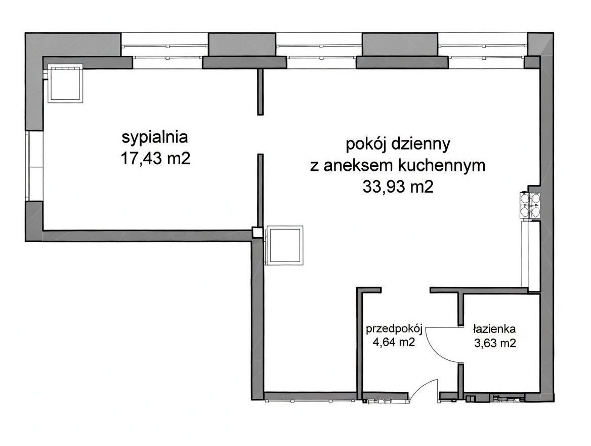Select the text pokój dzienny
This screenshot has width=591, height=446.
(x=398, y=144)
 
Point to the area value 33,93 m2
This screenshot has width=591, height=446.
(x=398, y=188)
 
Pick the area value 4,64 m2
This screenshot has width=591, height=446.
(x=394, y=342)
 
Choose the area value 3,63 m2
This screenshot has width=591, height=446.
(x=494, y=343)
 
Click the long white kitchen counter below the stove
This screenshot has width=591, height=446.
(x=533, y=256)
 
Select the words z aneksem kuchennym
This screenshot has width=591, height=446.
(x=398, y=166)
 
